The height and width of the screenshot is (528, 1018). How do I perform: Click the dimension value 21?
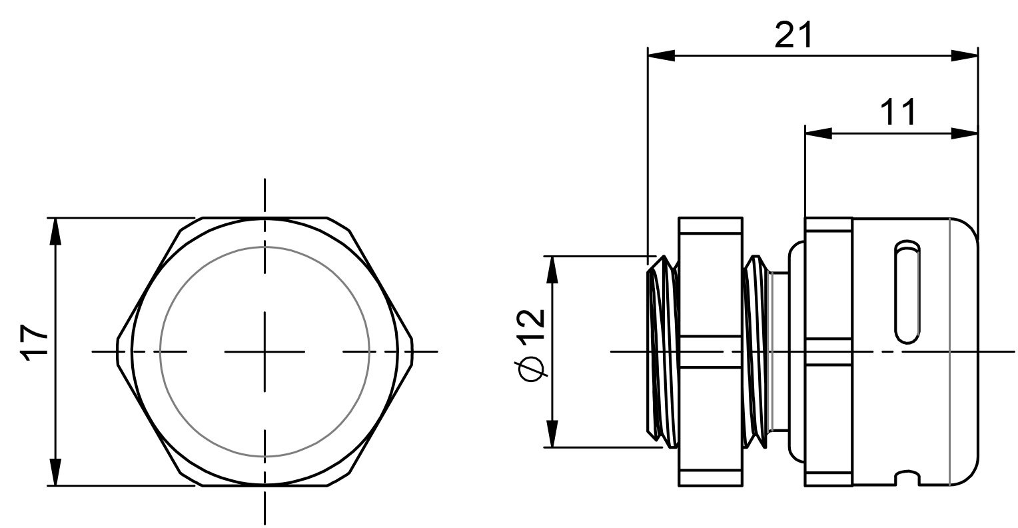pos(793,35)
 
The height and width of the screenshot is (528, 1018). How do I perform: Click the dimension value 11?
pos(898,113)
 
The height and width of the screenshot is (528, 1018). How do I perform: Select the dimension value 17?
pos(35,343)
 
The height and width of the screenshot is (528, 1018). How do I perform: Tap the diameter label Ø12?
pos(530,345)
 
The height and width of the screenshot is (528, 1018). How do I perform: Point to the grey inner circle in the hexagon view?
pos(265,247)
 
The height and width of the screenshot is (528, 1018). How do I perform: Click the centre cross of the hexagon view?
pos(265,351)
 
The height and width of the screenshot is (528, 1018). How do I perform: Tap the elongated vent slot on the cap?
pos(907,292)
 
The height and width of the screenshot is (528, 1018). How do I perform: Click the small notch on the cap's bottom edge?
pos(907,478)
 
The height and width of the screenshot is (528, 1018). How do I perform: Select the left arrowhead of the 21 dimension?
pos(662,55)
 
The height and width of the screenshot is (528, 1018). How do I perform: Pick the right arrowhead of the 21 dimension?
pos(965,55)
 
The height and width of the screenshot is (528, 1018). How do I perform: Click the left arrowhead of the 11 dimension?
pos(819,134)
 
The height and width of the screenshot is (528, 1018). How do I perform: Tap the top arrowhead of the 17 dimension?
pos(55,232)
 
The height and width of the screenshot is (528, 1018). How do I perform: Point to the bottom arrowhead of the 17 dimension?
pos(55,472)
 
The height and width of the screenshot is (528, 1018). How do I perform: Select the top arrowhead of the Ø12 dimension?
pos(552,270)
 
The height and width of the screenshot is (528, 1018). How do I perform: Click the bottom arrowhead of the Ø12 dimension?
pos(552,434)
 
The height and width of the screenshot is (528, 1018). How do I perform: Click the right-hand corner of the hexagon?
pos(412,351)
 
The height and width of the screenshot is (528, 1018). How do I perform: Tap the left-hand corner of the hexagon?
pos(117,351)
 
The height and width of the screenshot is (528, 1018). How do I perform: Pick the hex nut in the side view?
pos(711,351)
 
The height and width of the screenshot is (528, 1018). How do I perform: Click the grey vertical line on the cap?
pos(949,351)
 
